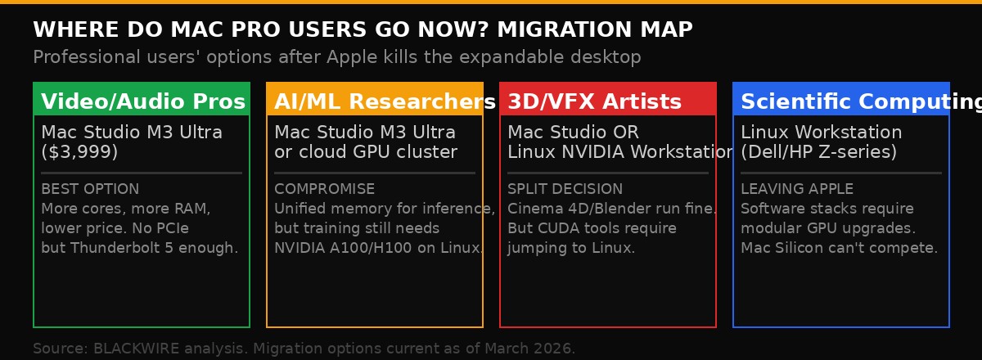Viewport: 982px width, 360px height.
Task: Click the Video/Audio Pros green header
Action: point(142,101)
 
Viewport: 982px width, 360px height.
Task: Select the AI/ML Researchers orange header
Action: point(375,101)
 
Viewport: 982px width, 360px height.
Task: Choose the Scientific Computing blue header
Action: point(841,101)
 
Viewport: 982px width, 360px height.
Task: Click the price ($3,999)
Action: point(79,152)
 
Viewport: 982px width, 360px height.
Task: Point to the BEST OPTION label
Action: point(90,189)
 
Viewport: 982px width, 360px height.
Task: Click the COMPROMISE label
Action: point(324,189)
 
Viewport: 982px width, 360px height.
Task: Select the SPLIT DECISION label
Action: point(565,189)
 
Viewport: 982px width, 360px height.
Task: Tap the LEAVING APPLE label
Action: point(796,189)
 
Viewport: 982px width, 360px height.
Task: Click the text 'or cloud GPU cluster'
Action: point(365,152)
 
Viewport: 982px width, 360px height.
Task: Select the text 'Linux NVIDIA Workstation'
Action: point(620,152)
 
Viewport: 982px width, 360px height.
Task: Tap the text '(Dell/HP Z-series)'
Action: point(818,152)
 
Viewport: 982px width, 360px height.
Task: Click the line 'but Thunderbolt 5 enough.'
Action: point(139,248)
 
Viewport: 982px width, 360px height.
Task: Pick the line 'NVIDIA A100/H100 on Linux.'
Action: point(379,248)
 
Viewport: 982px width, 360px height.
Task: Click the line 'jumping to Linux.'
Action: point(571,248)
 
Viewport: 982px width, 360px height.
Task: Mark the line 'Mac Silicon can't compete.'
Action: point(839,248)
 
